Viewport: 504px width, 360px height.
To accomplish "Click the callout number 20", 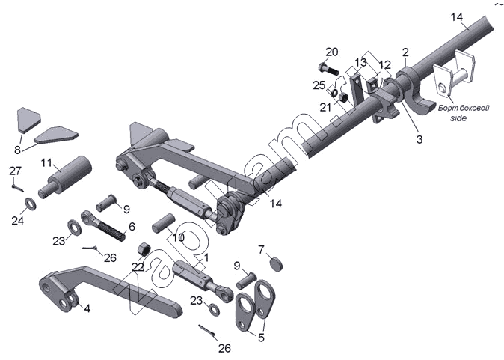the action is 332,52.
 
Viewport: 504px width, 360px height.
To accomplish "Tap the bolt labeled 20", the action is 328,68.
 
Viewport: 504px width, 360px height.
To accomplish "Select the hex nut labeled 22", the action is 144,250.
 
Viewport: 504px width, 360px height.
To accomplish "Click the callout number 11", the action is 46,163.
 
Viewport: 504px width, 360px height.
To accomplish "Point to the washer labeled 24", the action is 31,204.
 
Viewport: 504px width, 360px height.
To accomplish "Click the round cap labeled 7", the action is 276,263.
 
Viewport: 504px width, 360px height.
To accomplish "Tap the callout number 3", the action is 420,139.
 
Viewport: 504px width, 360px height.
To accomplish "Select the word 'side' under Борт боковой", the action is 458,118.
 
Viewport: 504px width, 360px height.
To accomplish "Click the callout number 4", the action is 87,308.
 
